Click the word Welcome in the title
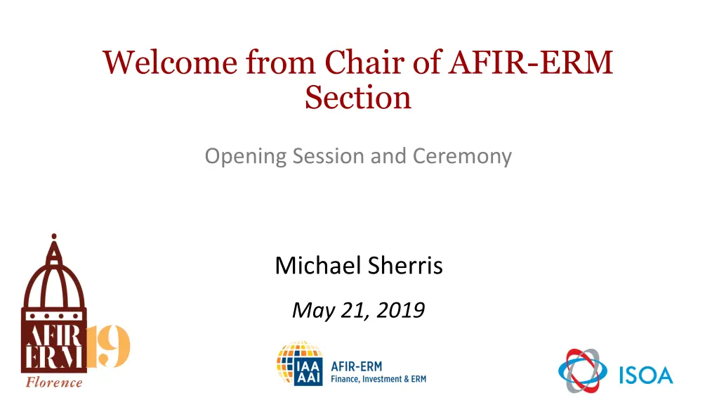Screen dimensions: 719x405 pos(170,62)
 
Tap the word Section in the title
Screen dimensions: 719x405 pos(358,97)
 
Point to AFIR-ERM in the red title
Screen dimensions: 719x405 pos(531,62)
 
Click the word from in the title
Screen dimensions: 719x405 pos(281,62)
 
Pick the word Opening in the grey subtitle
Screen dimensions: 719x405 pos(245,157)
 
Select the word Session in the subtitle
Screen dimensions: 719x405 pos(329,155)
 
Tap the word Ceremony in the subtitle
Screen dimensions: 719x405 pos(462,157)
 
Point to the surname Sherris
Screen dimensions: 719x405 pos(405,265)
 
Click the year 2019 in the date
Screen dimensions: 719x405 pos(400,310)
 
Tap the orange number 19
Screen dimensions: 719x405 pos(108,346)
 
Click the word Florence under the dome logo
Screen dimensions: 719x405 pos(54,382)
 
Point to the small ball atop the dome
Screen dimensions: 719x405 pos(54,236)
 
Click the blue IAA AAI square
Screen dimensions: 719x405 pos(308,371)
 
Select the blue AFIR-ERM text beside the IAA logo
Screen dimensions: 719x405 pos(356,366)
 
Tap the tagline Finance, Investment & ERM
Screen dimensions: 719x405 pos(378,379)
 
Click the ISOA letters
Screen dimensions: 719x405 pos(646,375)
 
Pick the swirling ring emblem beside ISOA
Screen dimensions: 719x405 pos(583,371)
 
